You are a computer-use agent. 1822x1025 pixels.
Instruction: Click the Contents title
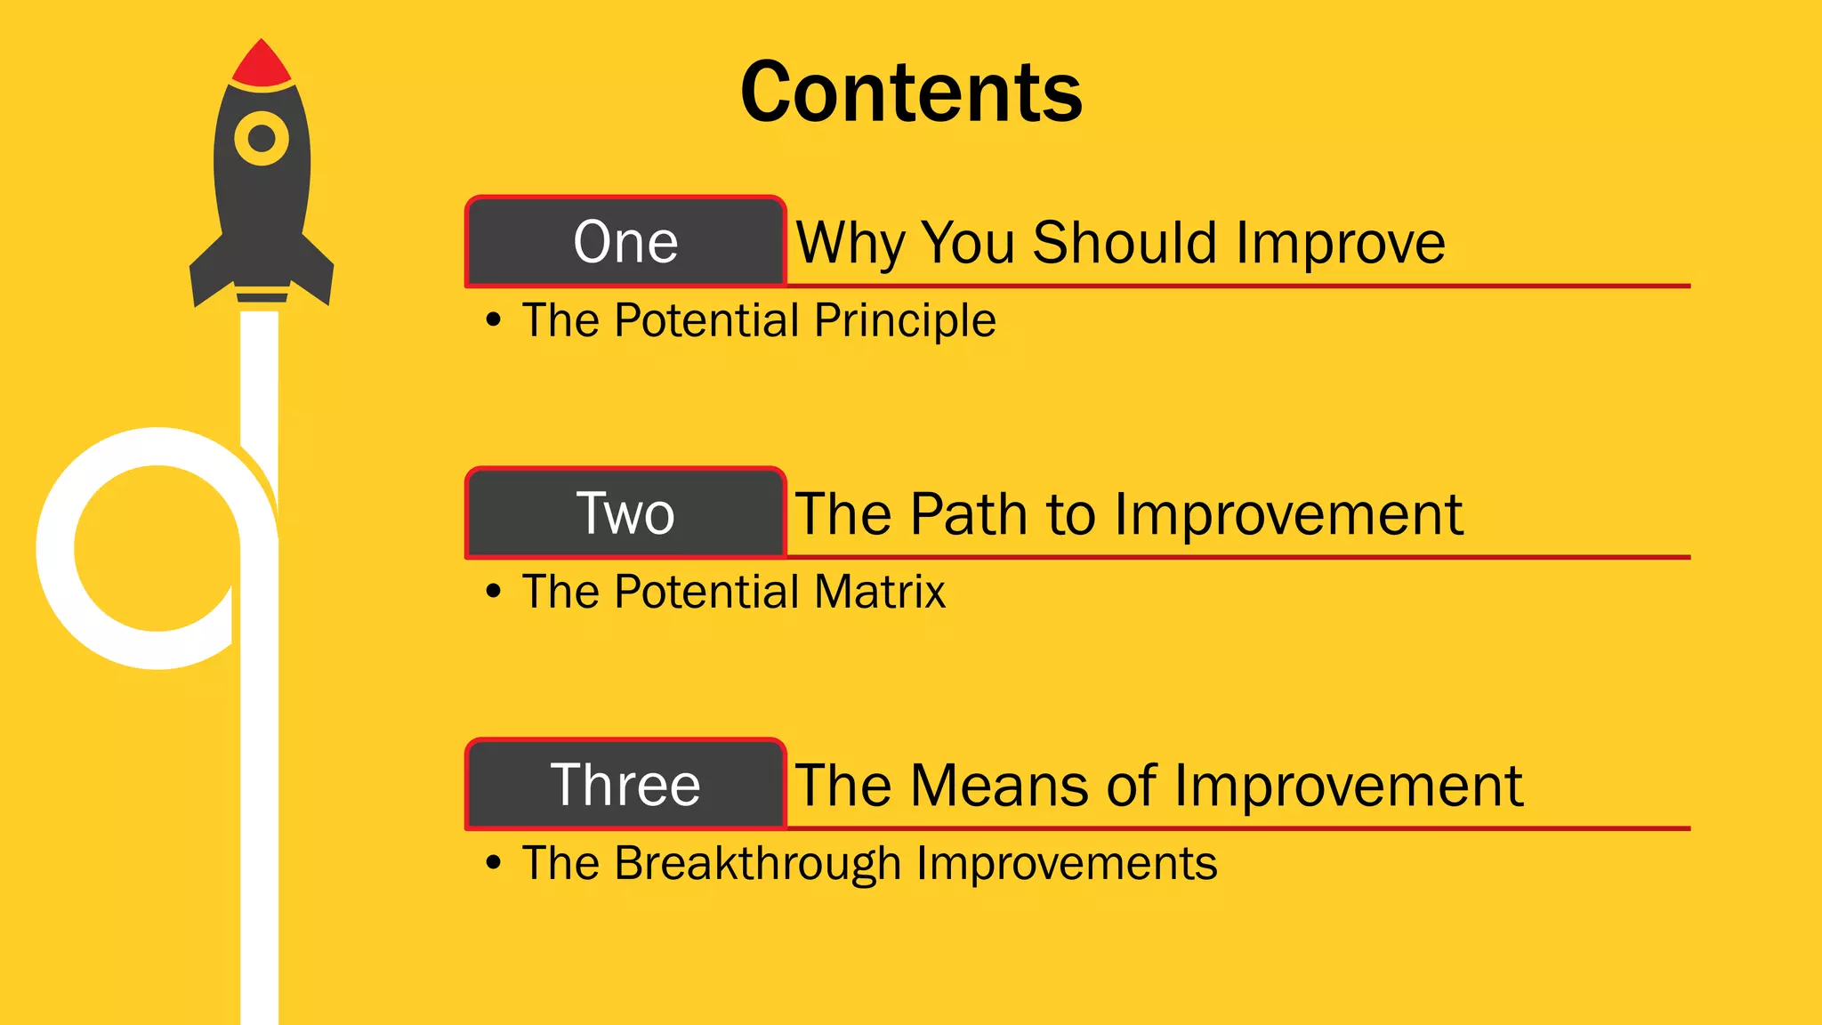click(x=911, y=93)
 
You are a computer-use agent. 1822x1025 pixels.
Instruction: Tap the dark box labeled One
click(x=625, y=242)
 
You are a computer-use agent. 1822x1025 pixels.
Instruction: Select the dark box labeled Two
click(x=625, y=513)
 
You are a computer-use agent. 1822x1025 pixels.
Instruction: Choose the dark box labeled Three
click(x=625, y=785)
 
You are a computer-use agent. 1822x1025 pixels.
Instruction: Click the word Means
click(x=1000, y=786)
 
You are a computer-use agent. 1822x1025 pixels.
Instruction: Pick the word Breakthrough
click(x=757, y=864)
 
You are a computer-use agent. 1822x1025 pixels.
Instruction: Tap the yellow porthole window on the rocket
click(x=262, y=139)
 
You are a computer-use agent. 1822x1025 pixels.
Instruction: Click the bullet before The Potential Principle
click(x=494, y=320)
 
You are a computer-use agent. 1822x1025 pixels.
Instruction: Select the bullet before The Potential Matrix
click(x=494, y=592)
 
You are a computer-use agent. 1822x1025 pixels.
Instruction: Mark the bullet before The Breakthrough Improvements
click(x=494, y=863)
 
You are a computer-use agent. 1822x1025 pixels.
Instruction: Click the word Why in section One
click(x=851, y=243)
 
